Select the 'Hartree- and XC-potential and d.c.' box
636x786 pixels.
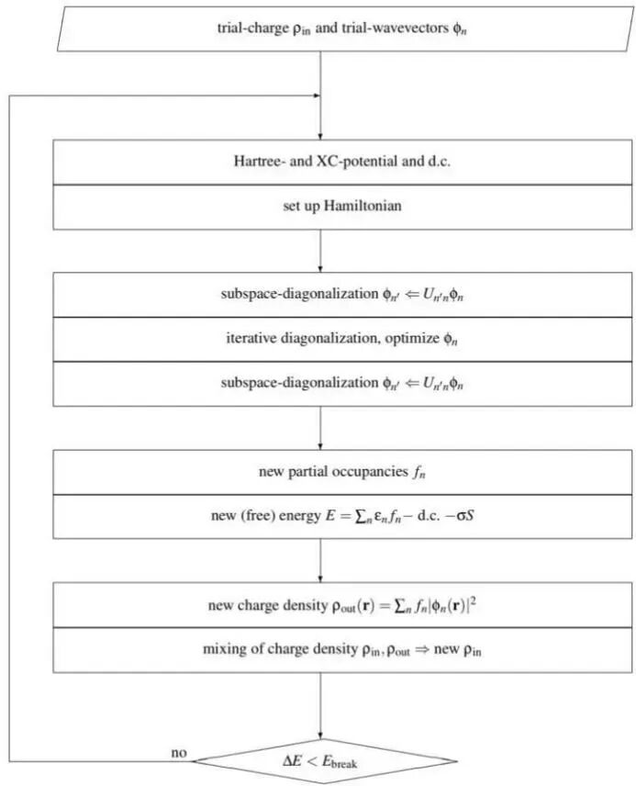[x=318, y=163]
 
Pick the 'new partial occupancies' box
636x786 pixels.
[x=318, y=473]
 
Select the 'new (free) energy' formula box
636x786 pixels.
[x=318, y=516]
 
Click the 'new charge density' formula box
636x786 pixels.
[x=318, y=606]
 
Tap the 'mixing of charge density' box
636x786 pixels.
[x=318, y=649]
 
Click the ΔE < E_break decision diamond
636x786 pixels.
[x=318, y=760]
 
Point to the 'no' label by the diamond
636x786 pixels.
[x=180, y=753]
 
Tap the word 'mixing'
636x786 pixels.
[x=223, y=649]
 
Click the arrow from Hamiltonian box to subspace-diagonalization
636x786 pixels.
[x=318, y=250]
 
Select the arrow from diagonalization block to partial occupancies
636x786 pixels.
[x=318, y=428]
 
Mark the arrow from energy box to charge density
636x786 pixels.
[x=318, y=560]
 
